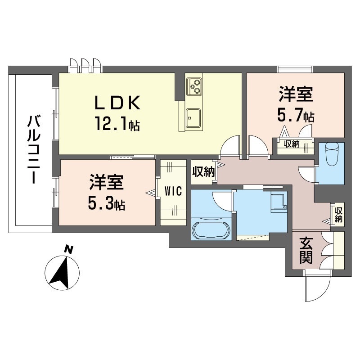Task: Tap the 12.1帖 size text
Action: [x=117, y=122]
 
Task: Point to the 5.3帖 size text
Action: [x=107, y=205]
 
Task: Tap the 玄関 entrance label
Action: [x=306, y=251]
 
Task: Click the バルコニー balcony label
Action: [x=32, y=148]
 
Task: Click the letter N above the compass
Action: [x=68, y=248]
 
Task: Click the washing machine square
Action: [x=278, y=202]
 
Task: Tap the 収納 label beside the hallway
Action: [x=202, y=171]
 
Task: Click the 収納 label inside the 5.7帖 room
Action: [x=291, y=144]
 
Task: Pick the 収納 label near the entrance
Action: [x=338, y=215]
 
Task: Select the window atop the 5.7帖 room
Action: [x=295, y=68]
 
